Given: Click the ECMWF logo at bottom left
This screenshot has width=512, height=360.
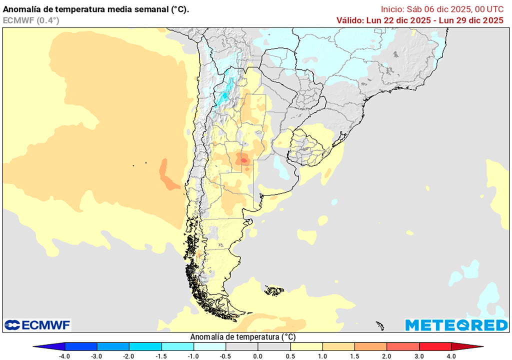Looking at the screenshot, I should pos(37,325).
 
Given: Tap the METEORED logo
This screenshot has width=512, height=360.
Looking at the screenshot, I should pos(456,325).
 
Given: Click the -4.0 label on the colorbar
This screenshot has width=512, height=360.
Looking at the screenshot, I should pos(64,356).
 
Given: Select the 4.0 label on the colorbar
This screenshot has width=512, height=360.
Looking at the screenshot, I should pos(451,356).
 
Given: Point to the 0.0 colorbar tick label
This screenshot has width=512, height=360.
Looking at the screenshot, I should pos(258,356).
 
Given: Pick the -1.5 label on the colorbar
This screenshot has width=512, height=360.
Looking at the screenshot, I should pos(161,356).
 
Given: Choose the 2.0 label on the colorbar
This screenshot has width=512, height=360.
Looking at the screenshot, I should pos(387,356).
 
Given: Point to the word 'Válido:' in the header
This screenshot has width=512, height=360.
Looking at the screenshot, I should pos(352,20).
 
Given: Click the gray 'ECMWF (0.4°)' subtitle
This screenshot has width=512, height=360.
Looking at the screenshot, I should pos(31,20).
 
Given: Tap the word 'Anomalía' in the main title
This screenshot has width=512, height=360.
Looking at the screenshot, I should pos(22,9).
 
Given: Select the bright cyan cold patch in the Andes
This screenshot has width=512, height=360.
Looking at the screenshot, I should pos(226,92).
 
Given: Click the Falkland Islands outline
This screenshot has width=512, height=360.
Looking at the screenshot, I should pos(274,289).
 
